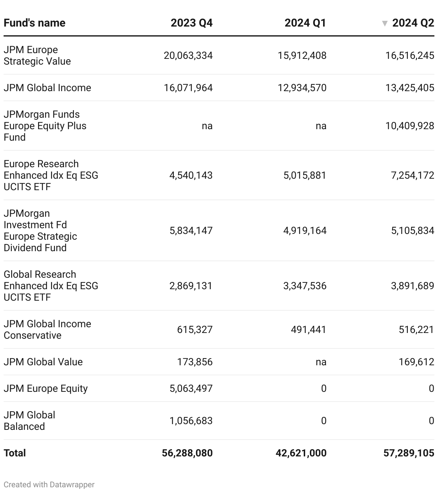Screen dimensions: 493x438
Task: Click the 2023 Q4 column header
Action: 191,23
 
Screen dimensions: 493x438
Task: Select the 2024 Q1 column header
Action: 305,23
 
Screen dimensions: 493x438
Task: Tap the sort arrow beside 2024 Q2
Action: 385,24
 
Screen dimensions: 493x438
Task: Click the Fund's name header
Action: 34,23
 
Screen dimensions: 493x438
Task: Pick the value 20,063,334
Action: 188,56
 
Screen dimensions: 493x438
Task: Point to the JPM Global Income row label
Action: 47,88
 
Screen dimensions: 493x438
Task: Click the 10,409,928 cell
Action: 410,126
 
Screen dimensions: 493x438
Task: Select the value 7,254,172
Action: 413,175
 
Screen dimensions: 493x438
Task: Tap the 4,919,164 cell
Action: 305,231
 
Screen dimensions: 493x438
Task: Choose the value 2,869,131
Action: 191,286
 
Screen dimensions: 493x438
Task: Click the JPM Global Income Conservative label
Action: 47,330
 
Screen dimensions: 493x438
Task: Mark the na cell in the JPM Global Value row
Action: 321,362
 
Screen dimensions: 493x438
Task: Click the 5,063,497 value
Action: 191,389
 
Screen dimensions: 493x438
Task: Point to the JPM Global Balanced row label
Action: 29,421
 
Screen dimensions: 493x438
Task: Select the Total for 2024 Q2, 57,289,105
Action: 409,453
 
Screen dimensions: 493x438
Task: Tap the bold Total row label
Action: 15,453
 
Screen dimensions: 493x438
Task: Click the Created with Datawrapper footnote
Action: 49,485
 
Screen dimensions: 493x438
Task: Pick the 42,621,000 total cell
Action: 301,453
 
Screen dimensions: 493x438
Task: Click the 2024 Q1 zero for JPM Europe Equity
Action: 323,389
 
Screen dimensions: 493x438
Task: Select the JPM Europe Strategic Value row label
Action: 37,56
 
